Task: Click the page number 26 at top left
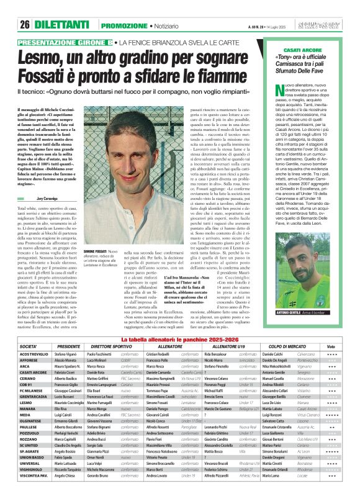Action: tap(25, 7)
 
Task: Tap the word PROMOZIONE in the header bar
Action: tap(124, 7)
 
